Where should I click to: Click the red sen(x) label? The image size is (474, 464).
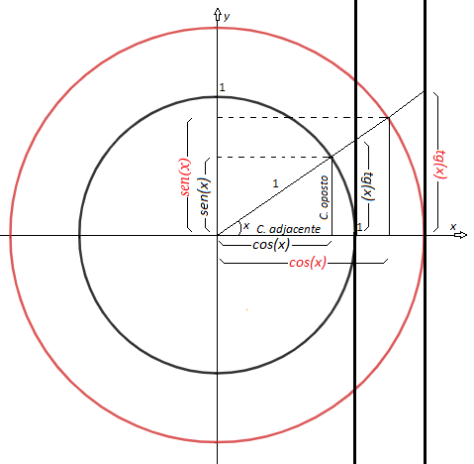[186, 177]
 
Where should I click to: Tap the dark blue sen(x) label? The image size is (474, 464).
[205, 196]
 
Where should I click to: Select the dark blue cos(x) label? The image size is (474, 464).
[271, 245]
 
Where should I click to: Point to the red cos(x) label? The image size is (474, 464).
[308, 263]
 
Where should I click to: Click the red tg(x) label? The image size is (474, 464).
[440, 165]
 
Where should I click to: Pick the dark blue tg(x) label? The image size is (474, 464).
[368, 186]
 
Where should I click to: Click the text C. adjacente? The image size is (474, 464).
[288, 229]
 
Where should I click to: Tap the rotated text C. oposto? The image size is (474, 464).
[324, 197]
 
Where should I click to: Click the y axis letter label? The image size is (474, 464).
[227, 17]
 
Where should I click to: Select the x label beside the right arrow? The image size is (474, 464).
[453, 226]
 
